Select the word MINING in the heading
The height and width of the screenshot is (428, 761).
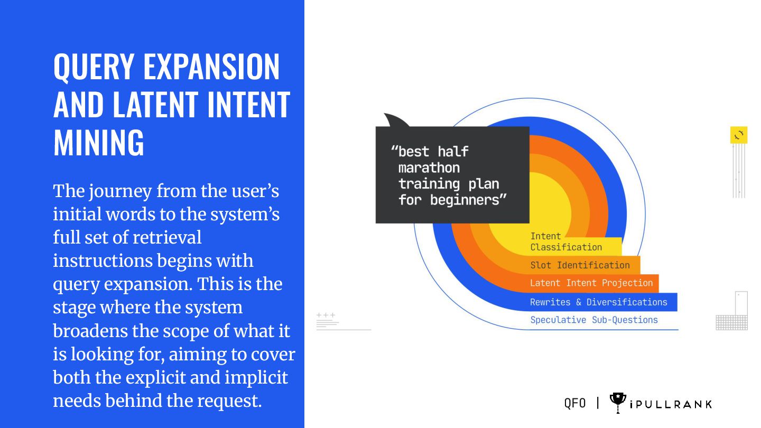[99, 142]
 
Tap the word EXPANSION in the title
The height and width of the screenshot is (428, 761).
[211, 67]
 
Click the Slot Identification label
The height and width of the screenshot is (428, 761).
[580, 265]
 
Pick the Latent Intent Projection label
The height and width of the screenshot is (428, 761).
[591, 283]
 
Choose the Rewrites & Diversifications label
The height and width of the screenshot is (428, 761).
[598, 302]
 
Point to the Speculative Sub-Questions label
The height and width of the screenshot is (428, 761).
[594, 320]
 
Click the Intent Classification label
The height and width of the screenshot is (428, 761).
[565, 242]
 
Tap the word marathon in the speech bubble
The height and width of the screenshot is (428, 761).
[429, 168]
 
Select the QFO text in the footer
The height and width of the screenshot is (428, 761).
[575, 403]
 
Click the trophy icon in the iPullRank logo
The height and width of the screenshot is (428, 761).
[618, 402]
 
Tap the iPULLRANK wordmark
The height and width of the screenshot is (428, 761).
[671, 405]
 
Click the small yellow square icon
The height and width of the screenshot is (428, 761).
[739, 135]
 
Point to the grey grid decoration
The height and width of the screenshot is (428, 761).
[731, 322]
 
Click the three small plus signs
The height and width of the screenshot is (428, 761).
[326, 315]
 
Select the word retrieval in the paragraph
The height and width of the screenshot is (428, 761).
[167, 238]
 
